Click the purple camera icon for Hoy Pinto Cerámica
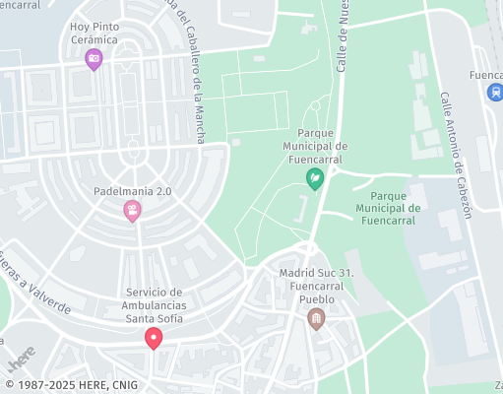94,59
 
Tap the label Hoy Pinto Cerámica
94,33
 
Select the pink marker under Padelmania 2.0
132,211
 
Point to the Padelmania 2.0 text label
132,191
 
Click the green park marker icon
315,178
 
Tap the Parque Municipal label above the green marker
315,146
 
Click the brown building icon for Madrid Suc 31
316,318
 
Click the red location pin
154,338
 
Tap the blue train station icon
494,92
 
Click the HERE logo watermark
23,357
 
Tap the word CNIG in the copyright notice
123,385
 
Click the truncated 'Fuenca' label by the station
485,74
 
